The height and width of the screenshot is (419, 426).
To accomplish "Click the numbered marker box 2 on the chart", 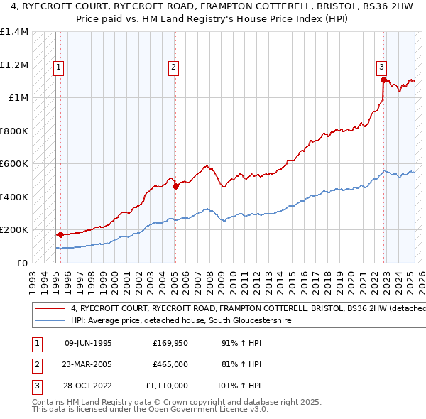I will (x=173, y=67).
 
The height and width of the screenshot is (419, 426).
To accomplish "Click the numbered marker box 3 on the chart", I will (x=381, y=67).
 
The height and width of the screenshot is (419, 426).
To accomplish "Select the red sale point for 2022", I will (x=383, y=80).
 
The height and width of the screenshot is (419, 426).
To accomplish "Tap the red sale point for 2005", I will (x=175, y=186).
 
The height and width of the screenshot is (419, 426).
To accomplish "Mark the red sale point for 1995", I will (x=60, y=234).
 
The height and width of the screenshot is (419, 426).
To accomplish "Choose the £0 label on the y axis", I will (x=22, y=263).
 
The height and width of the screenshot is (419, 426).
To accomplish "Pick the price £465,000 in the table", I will (x=170, y=364).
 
